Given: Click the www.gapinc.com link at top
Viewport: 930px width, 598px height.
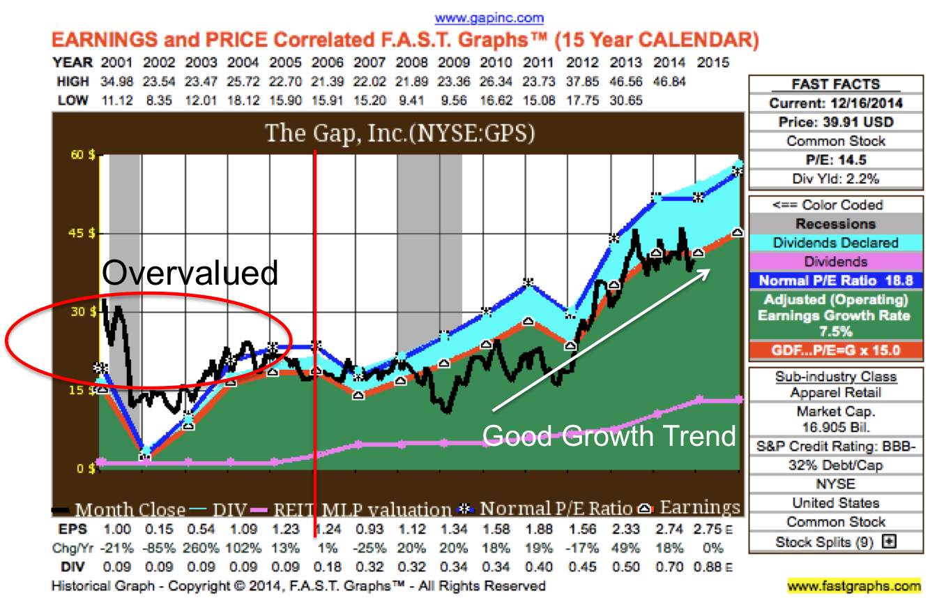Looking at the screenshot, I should (x=489, y=18).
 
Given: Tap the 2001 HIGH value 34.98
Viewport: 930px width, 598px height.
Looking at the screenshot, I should (x=117, y=82).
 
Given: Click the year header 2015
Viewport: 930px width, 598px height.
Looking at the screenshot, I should (x=712, y=63).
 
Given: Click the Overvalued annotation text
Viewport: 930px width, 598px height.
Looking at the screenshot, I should (x=190, y=272).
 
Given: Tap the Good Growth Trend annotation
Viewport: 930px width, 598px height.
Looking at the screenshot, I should (x=609, y=435).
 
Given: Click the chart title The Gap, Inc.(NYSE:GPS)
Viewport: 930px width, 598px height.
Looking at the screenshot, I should (x=399, y=133).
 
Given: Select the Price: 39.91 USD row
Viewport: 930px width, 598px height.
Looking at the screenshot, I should (x=836, y=122).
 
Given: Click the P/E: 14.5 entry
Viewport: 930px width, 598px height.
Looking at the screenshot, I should (x=836, y=160).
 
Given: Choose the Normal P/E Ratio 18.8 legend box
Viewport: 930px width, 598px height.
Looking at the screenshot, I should (x=836, y=281).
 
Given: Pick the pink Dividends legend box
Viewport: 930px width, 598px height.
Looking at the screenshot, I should (x=836, y=262).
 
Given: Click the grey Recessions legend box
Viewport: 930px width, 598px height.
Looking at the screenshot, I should (x=836, y=224).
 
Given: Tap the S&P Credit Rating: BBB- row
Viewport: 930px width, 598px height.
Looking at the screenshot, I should (x=836, y=446).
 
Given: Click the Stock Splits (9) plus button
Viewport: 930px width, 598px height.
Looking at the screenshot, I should (x=888, y=541).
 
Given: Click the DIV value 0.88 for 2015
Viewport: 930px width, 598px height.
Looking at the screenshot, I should (x=708, y=567).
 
